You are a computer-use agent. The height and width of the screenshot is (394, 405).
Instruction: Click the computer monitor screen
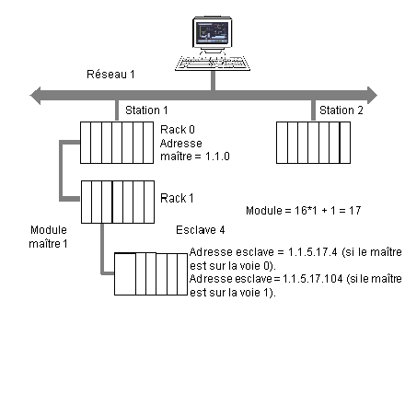pyautogui.click(x=212, y=33)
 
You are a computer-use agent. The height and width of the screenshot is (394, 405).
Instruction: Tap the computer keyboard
pyautogui.click(x=213, y=64)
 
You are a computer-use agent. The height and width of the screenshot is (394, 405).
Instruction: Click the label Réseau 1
pyautogui.click(x=110, y=75)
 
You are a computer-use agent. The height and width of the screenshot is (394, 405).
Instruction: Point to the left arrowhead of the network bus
pyautogui.click(x=35, y=96)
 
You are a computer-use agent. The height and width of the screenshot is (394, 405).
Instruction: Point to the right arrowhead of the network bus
pyautogui.click(x=372, y=96)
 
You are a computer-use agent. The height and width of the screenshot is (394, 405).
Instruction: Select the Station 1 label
pyautogui.click(x=146, y=110)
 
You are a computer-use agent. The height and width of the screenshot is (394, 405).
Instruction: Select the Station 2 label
pyautogui.click(x=341, y=110)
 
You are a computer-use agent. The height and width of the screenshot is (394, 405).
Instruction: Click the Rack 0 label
pyautogui.click(x=178, y=130)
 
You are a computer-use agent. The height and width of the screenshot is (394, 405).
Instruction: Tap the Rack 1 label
pyautogui.click(x=177, y=199)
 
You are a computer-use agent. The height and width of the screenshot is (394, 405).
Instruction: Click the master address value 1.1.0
pyautogui.click(x=217, y=156)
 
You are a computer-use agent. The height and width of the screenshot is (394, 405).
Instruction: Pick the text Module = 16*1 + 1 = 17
pyautogui.click(x=304, y=211)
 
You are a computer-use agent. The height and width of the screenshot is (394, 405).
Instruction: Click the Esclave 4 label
pyautogui.click(x=201, y=230)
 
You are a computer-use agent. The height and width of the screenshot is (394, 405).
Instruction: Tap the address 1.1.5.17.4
pyautogui.click(x=313, y=252)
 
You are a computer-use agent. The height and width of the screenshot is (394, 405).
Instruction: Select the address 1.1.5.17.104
pyautogui.click(x=312, y=279)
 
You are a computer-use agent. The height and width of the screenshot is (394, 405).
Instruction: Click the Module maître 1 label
pyautogui.click(x=49, y=237)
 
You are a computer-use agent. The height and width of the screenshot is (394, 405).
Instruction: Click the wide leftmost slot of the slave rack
pyautogui.click(x=125, y=274)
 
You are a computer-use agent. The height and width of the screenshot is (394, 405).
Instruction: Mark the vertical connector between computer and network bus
pyautogui.click(x=213, y=81)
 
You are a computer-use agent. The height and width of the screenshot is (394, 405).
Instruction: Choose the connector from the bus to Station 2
pyautogui.click(x=313, y=110)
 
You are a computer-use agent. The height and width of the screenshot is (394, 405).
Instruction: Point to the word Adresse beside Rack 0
pyautogui.click(x=181, y=144)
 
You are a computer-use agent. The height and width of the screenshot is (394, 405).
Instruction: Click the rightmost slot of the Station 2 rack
pyautogui.click(x=345, y=143)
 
